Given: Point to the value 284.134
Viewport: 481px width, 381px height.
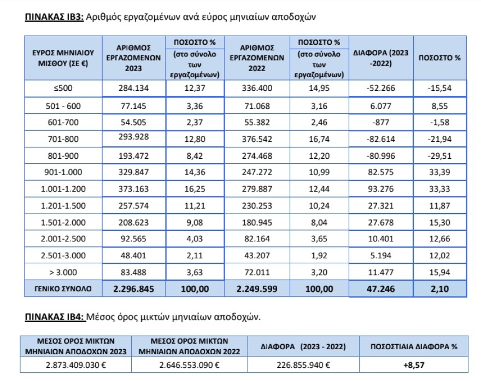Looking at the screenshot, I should [x=133, y=88].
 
